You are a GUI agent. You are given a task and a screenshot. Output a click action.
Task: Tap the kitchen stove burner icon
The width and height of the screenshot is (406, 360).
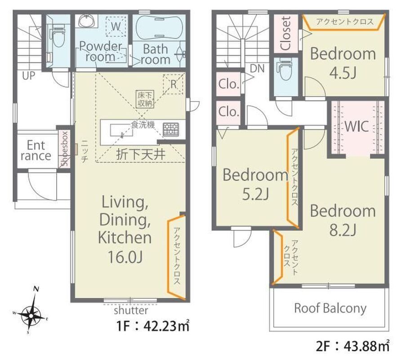click(x=171, y=129)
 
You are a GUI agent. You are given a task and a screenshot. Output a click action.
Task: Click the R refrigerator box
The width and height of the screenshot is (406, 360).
click(x=173, y=84)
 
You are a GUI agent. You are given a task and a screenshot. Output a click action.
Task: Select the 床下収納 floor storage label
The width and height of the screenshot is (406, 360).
click(x=145, y=99)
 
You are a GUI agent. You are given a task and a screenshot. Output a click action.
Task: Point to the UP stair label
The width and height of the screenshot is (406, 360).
click(x=28, y=76)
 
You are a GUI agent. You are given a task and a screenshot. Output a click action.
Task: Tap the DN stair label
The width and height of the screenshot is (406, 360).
click(x=257, y=69)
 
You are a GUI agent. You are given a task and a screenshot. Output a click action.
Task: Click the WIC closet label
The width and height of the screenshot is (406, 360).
click(x=357, y=126)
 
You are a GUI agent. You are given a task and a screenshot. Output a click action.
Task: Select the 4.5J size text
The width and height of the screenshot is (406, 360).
click(x=343, y=73)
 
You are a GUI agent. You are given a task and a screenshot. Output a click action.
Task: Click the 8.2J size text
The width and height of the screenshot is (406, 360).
click(x=343, y=229)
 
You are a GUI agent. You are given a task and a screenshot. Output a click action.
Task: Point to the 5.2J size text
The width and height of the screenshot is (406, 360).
click(x=255, y=194)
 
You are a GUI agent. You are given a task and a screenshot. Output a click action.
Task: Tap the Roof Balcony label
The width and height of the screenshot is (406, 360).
click(x=330, y=308)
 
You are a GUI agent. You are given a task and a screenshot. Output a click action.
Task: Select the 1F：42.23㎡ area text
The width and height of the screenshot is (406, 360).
click(x=153, y=326)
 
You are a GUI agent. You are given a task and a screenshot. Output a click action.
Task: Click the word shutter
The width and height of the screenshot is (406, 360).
click(x=131, y=310)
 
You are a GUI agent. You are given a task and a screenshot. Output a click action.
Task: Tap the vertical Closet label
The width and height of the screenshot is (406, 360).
click(x=286, y=33)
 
